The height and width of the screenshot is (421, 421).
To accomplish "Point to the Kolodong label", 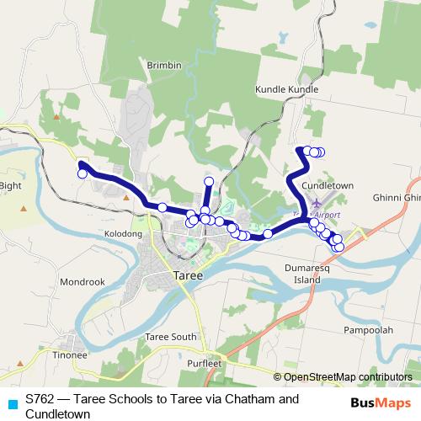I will (x=123, y=232).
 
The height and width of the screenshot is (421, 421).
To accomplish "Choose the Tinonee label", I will (x=70, y=355).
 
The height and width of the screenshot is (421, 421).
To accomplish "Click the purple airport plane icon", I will (x=316, y=203).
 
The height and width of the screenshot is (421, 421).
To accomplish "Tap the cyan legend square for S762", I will (x=11, y=399).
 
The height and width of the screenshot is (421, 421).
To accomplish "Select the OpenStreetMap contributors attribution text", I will (x=342, y=376).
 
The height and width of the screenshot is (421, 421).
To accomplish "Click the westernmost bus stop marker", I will (x=83, y=174).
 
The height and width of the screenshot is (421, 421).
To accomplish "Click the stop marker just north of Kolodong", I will (x=162, y=207).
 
